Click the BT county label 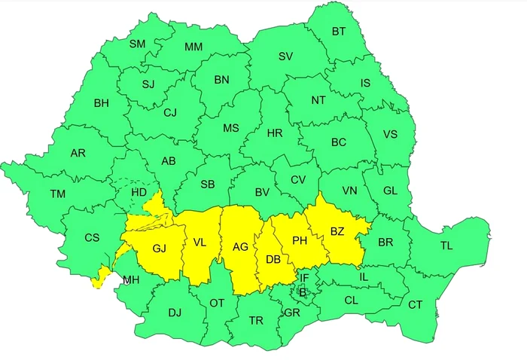click(339, 32)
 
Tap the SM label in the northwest click(137, 44)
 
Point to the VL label click(200, 243)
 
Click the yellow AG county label click(240, 246)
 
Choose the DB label click(273, 259)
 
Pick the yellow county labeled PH click(300, 240)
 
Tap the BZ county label click(337, 232)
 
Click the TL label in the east click(446, 246)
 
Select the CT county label click(415, 305)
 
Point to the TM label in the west click(58, 194)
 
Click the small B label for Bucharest click(302, 292)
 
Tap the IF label click(303, 278)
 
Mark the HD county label click(139, 192)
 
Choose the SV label click(285, 56)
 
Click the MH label click(131, 280)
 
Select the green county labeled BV click(261, 193)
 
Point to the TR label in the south click(256, 320)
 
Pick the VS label click(390, 135)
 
